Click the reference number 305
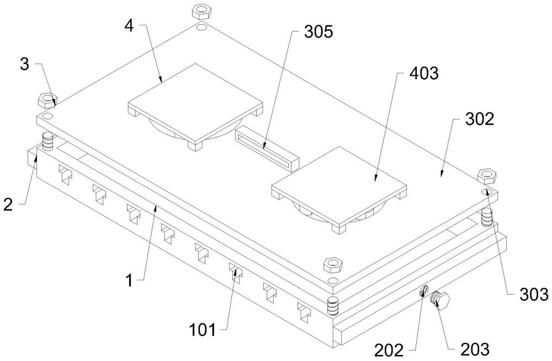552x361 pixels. (x=319, y=32)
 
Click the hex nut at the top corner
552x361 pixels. (x=199, y=12)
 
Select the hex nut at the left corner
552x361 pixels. (x=47, y=100)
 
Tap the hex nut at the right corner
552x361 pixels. (x=487, y=175)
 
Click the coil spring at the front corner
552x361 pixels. (x=332, y=306)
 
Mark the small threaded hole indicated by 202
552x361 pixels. (x=424, y=291)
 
